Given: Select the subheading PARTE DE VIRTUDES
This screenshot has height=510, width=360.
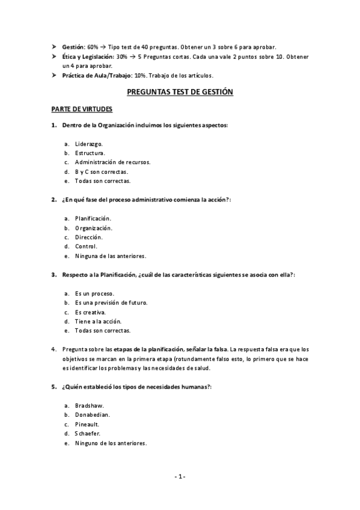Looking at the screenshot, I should coord(86,109).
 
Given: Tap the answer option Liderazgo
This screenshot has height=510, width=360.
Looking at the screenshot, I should coord(89,144).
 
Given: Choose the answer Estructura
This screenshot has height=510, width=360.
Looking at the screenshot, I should coord(90,153).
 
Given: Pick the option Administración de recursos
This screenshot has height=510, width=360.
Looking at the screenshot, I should coord(112,162).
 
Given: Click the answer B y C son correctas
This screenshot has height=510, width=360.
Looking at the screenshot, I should coord(102,171).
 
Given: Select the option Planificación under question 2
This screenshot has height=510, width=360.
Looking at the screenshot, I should coord(93,218).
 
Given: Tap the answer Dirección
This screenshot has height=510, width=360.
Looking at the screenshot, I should coord(89,237).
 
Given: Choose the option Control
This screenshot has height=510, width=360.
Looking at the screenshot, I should coord(86,246).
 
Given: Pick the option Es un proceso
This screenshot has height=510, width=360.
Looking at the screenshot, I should coord(95,293).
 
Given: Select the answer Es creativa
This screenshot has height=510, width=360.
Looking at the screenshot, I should coord(91,312).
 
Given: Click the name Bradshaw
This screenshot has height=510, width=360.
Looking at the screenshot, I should coord(90,406).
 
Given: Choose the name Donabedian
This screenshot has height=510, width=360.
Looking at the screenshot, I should coord(93,415).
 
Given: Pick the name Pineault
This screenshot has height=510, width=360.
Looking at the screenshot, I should coord(88,425).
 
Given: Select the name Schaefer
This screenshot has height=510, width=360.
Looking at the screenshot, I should coord(88,434).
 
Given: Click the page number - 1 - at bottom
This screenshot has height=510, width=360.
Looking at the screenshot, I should coord(180,477).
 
